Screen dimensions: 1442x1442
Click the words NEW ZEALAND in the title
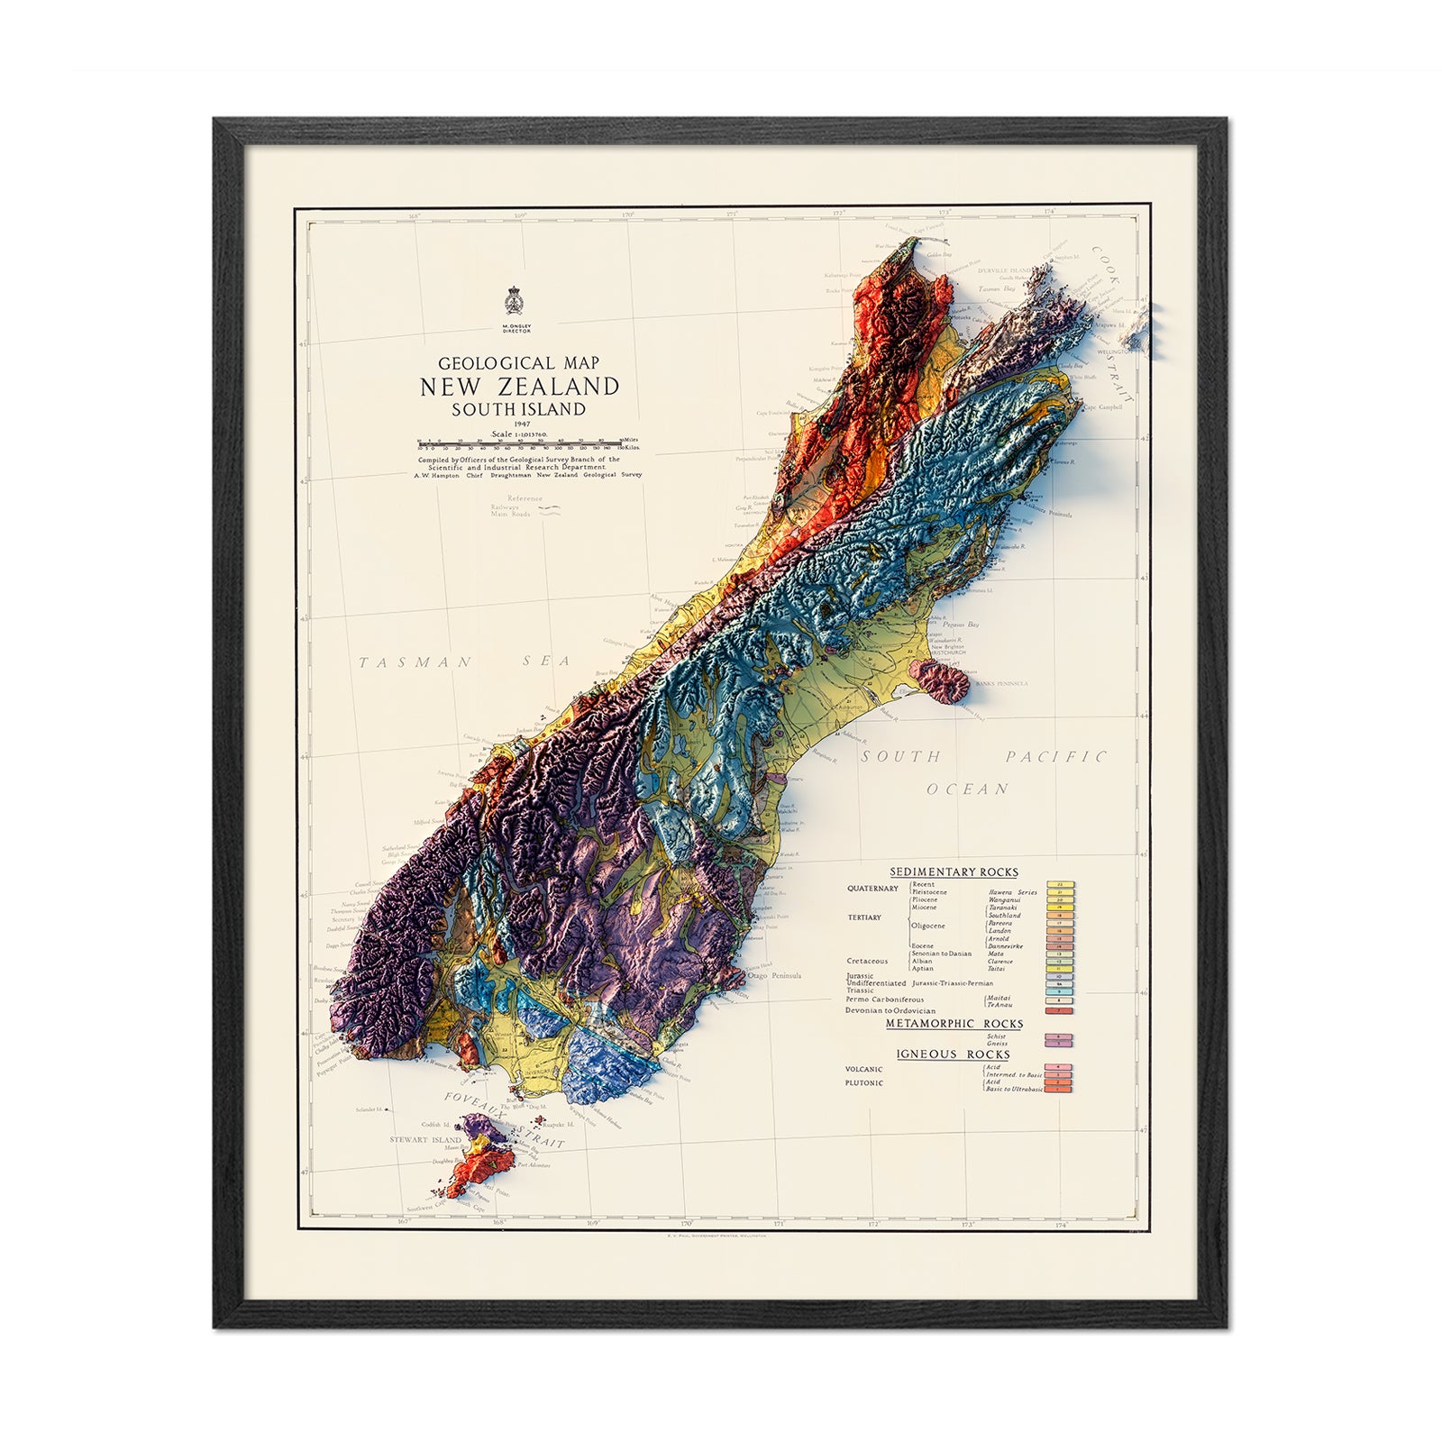519,387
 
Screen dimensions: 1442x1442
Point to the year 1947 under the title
519,424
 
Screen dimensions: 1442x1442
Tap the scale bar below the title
519,443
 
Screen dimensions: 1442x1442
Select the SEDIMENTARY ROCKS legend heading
954,872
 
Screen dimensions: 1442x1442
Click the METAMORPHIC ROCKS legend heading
954,1023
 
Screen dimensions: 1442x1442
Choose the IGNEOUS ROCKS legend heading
953,1054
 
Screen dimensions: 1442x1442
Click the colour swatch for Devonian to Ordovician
1059,1011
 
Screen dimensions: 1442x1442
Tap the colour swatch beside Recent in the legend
1060,885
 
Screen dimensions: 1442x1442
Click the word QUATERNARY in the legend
872,889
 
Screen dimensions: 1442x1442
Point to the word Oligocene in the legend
927,926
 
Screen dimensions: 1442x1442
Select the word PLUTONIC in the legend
864,1082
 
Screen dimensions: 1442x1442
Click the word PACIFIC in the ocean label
1055,757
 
